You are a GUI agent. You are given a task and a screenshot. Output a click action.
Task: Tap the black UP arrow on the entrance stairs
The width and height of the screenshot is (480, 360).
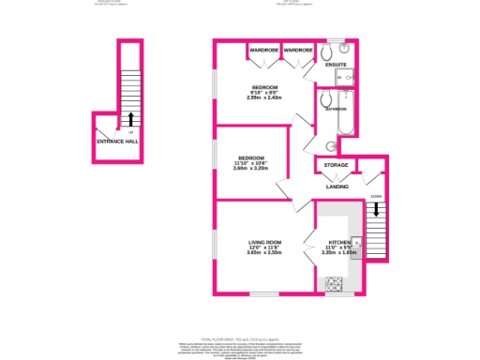130,119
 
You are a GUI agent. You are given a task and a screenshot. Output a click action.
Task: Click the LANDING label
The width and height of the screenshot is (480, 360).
337,187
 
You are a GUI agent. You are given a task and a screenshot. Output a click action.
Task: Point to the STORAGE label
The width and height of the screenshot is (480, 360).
336,165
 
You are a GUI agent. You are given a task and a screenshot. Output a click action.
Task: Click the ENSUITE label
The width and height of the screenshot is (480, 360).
336,65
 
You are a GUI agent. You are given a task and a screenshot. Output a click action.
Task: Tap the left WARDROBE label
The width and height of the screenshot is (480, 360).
263,48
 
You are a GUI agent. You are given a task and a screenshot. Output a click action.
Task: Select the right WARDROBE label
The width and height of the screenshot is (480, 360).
298,48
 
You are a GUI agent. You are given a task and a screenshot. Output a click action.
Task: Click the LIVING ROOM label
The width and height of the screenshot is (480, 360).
264,242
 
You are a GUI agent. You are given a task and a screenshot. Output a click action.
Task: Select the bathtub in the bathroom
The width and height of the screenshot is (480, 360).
347,112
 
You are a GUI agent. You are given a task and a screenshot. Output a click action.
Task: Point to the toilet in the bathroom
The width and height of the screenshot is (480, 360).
325,98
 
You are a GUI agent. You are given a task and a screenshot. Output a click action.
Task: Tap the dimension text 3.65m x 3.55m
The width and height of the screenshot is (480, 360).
264,253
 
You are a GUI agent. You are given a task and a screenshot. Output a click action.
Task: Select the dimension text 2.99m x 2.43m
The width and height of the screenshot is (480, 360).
264,97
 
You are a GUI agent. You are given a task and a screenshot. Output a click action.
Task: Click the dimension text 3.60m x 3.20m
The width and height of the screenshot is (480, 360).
251,169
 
